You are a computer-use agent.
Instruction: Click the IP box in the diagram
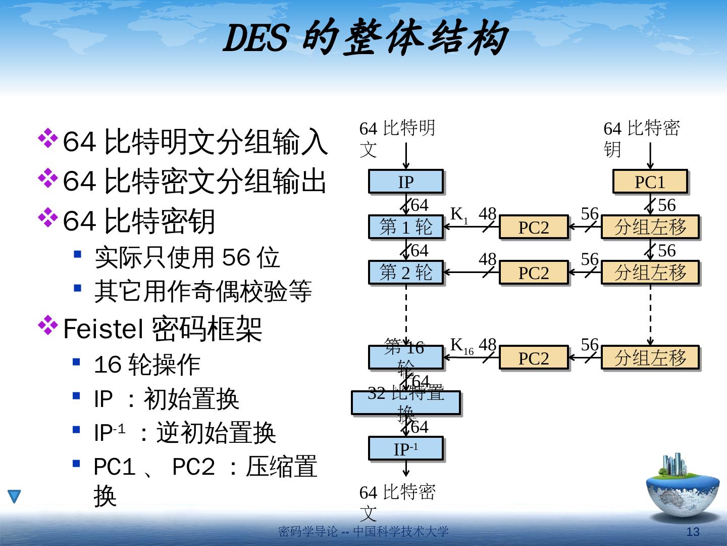pyautogui.click(x=406, y=181)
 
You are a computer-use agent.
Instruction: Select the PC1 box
pyautogui.click(x=650, y=181)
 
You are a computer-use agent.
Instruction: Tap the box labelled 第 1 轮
pyautogui.click(x=406, y=227)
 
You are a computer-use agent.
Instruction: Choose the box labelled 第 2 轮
pyautogui.click(x=406, y=272)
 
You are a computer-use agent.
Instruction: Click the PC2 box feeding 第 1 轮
pyautogui.click(x=534, y=227)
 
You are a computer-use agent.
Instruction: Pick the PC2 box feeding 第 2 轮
pyautogui.click(x=534, y=272)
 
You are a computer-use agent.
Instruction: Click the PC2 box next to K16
pyautogui.click(x=534, y=358)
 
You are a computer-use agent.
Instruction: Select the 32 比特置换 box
pyautogui.click(x=406, y=403)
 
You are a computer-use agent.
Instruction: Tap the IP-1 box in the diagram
pyautogui.click(x=406, y=448)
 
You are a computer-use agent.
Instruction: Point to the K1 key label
pyautogui.click(x=459, y=215)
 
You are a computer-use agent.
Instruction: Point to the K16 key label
pyautogui.click(x=461, y=346)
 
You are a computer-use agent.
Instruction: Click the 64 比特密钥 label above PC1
pyautogui.click(x=641, y=139)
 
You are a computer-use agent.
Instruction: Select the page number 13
pyautogui.click(x=693, y=532)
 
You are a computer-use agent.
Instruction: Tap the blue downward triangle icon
pyautogui.click(x=14, y=496)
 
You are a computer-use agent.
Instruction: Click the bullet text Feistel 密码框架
pyautogui.click(x=163, y=329)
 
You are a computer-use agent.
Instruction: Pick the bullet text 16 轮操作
pyautogui.click(x=147, y=365)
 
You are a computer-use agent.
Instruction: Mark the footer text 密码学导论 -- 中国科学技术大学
pyautogui.click(x=363, y=532)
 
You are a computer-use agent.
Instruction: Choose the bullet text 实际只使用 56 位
pyautogui.click(x=187, y=258)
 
